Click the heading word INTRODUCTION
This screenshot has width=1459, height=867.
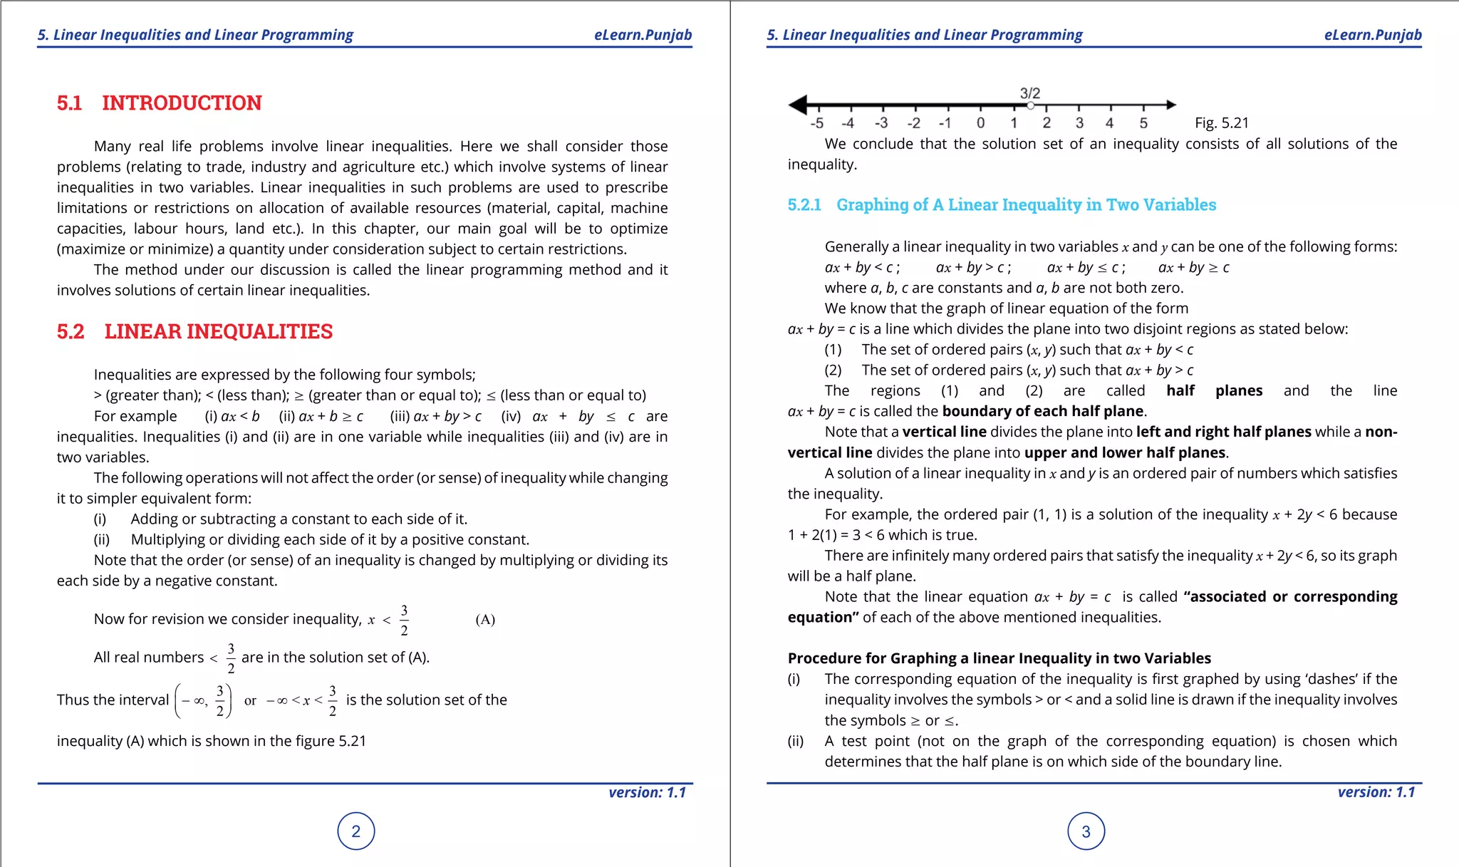click(x=182, y=103)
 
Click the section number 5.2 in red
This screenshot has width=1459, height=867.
click(x=71, y=332)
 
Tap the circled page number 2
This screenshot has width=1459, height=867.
click(x=356, y=831)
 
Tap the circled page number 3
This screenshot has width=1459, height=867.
click(x=1086, y=831)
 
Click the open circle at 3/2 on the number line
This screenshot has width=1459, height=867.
click(x=1030, y=105)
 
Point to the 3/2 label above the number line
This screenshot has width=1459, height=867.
click(x=1030, y=93)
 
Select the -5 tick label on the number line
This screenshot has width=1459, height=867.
click(x=817, y=123)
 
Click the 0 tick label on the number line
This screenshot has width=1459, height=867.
click(x=981, y=123)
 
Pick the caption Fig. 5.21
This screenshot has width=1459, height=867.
click(x=1222, y=123)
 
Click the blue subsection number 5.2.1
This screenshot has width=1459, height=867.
click(x=804, y=205)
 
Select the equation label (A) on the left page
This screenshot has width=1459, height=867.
click(x=485, y=620)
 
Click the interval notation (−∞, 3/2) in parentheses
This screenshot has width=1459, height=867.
click(x=203, y=701)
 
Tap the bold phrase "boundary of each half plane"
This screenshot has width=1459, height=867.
click(x=1043, y=412)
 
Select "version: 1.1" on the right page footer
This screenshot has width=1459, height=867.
click(x=1376, y=792)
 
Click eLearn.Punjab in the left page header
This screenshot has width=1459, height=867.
click(x=643, y=35)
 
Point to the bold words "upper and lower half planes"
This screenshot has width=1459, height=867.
click(x=1125, y=453)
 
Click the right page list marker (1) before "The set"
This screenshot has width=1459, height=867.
click(x=833, y=350)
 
